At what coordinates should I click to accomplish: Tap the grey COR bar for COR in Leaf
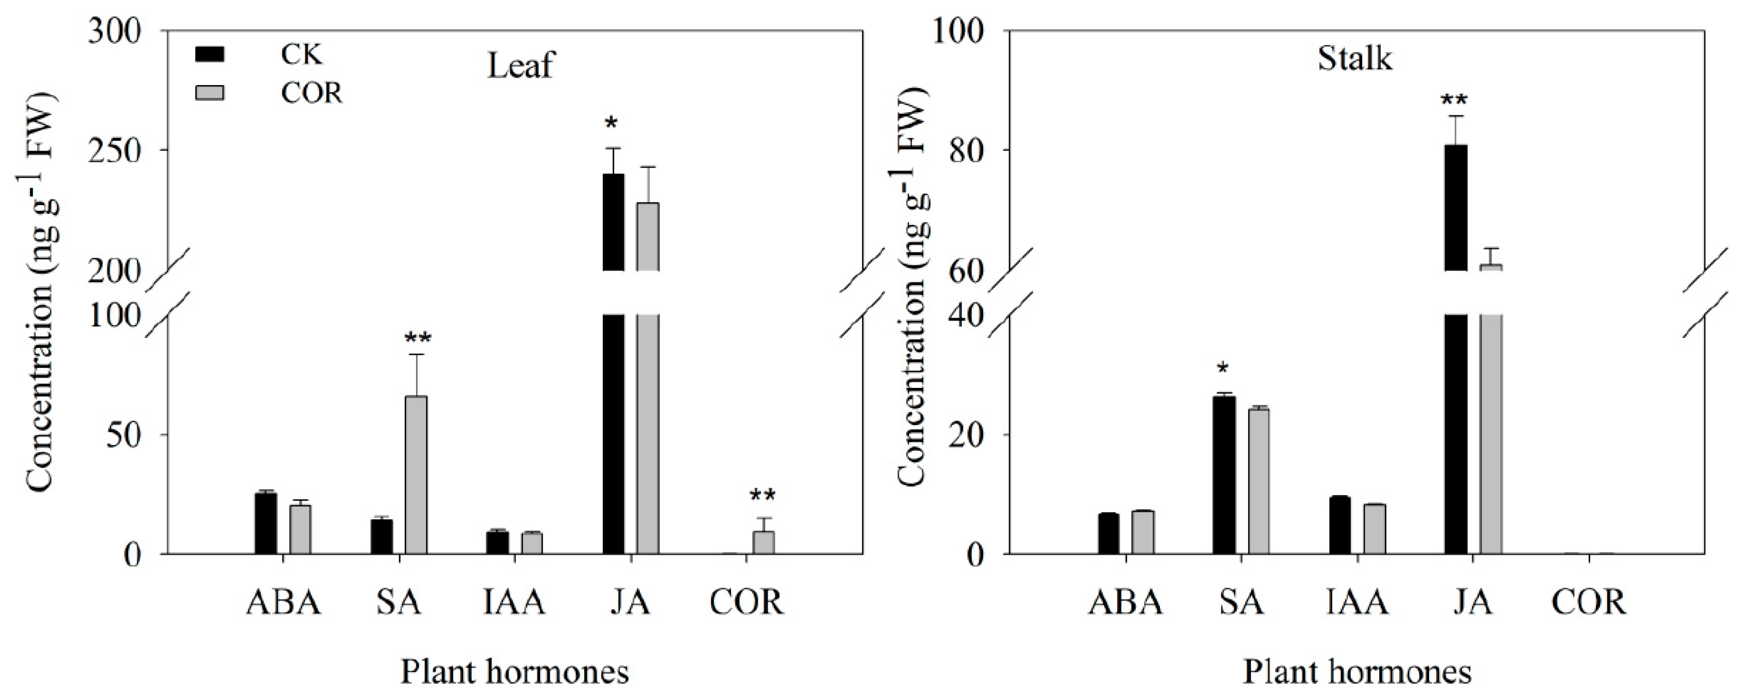[763, 542]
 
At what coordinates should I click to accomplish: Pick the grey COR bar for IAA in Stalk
[1374, 529]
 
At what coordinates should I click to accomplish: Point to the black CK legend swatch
[210, 54]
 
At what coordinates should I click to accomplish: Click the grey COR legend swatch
[210, 93]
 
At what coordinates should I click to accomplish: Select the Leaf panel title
[520, 66]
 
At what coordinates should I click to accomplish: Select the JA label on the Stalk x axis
[1472, 602]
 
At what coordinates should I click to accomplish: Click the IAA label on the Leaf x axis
[514, 602]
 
